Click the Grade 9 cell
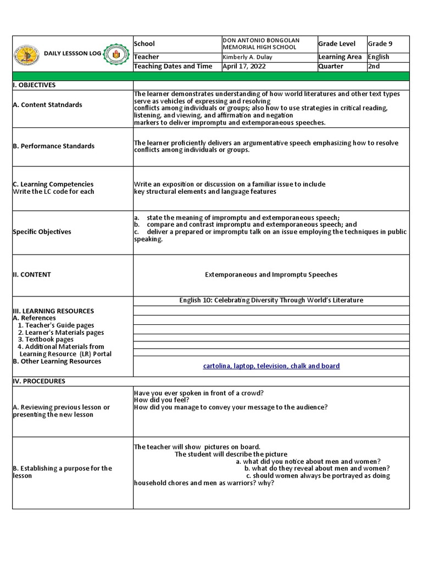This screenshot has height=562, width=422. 380,44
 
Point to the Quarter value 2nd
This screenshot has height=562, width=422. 375,66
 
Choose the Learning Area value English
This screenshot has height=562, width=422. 379,57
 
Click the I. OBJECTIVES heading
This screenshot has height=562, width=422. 34,85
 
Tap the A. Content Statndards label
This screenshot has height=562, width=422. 48,105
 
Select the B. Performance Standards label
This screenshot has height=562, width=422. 53,146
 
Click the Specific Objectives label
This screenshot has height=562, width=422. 42,232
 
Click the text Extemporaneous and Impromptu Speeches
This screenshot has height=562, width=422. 271,274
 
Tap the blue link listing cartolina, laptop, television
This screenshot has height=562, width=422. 271,366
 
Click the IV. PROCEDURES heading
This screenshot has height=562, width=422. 38,381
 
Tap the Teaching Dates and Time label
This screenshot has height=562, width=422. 173,66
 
